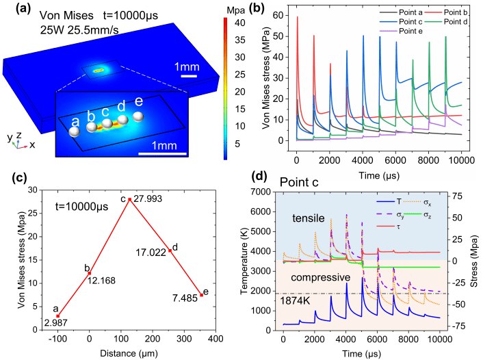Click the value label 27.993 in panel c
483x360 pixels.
tap(149, 199)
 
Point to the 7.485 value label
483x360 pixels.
tap(185, 297)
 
